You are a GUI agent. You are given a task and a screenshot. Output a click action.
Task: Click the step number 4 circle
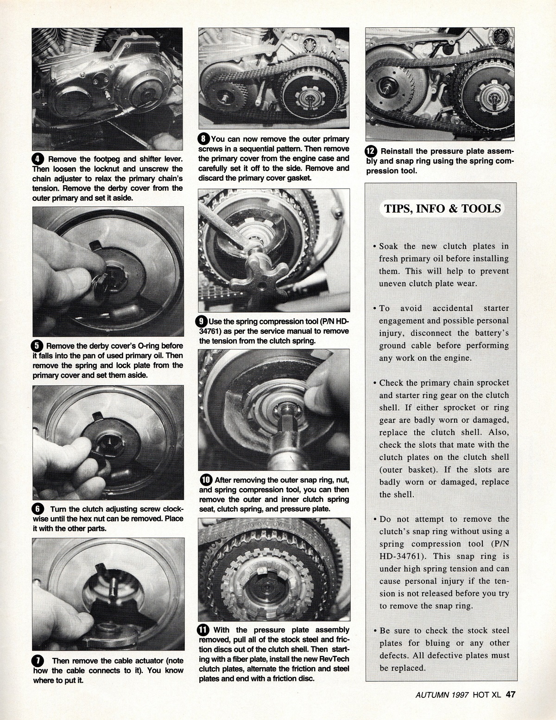[38, 159]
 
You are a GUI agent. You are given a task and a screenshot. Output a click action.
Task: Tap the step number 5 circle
[38, 346]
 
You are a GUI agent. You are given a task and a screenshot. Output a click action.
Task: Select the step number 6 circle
[38, 509]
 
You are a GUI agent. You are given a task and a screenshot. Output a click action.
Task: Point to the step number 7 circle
[38, 660]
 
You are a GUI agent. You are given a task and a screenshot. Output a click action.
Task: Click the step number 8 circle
[204, 139]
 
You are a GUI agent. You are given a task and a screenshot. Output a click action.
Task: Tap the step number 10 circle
[206, 480]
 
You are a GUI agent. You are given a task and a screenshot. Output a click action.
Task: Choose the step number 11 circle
[204, 630]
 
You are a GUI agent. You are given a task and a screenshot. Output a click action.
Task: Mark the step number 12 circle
[372, 151]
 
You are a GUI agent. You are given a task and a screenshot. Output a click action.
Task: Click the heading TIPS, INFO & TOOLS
[442, 208]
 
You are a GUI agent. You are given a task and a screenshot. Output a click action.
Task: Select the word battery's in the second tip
[493, 333]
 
